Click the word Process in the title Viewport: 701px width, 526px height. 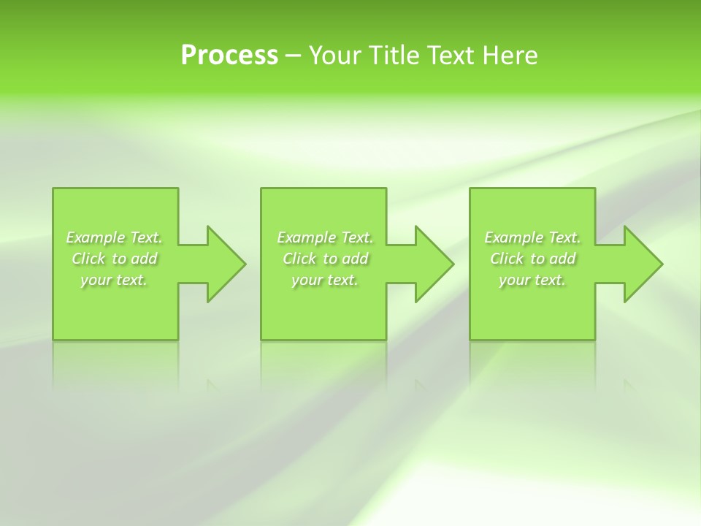(x=229, y=56)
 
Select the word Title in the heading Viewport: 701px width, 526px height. (x=394, y=56)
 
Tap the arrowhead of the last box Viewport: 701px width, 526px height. (x=642, y=264)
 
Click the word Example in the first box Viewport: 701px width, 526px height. (x=95, y=237)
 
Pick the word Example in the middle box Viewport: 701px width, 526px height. (x=306, y=237)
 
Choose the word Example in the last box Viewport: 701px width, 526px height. (x=513, y=237)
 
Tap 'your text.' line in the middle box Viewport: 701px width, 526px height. (x=324, y=280)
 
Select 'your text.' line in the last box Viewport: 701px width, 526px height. (x=532, y=280)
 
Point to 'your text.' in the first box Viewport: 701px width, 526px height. (x=114, y=280)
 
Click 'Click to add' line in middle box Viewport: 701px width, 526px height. (x=324, y=259)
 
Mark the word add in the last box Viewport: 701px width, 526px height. (x=562, y=259)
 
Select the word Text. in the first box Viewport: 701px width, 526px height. (x=146, y=237)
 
